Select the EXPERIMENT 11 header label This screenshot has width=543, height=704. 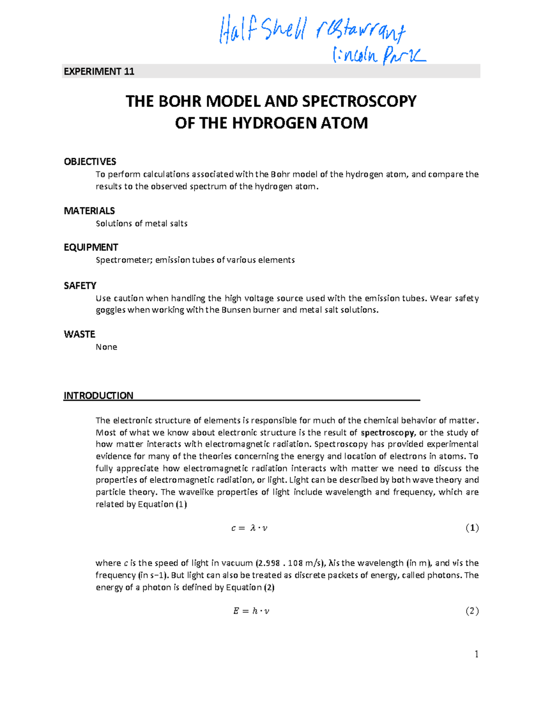99,72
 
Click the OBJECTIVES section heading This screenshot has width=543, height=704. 90,162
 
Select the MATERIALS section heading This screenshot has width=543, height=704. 89,211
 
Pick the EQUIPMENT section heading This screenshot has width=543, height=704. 91,247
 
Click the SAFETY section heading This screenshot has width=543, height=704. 80,285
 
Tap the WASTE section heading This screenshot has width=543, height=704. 80,334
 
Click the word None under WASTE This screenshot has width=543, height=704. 106,347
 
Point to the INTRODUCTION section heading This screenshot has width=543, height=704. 99,395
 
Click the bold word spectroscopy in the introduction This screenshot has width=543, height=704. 387,433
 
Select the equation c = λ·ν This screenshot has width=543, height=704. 249,528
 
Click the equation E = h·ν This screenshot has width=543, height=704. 251,611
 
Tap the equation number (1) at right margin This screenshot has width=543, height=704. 472,528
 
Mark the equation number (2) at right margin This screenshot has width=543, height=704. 472,611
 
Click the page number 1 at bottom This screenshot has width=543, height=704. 476,654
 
